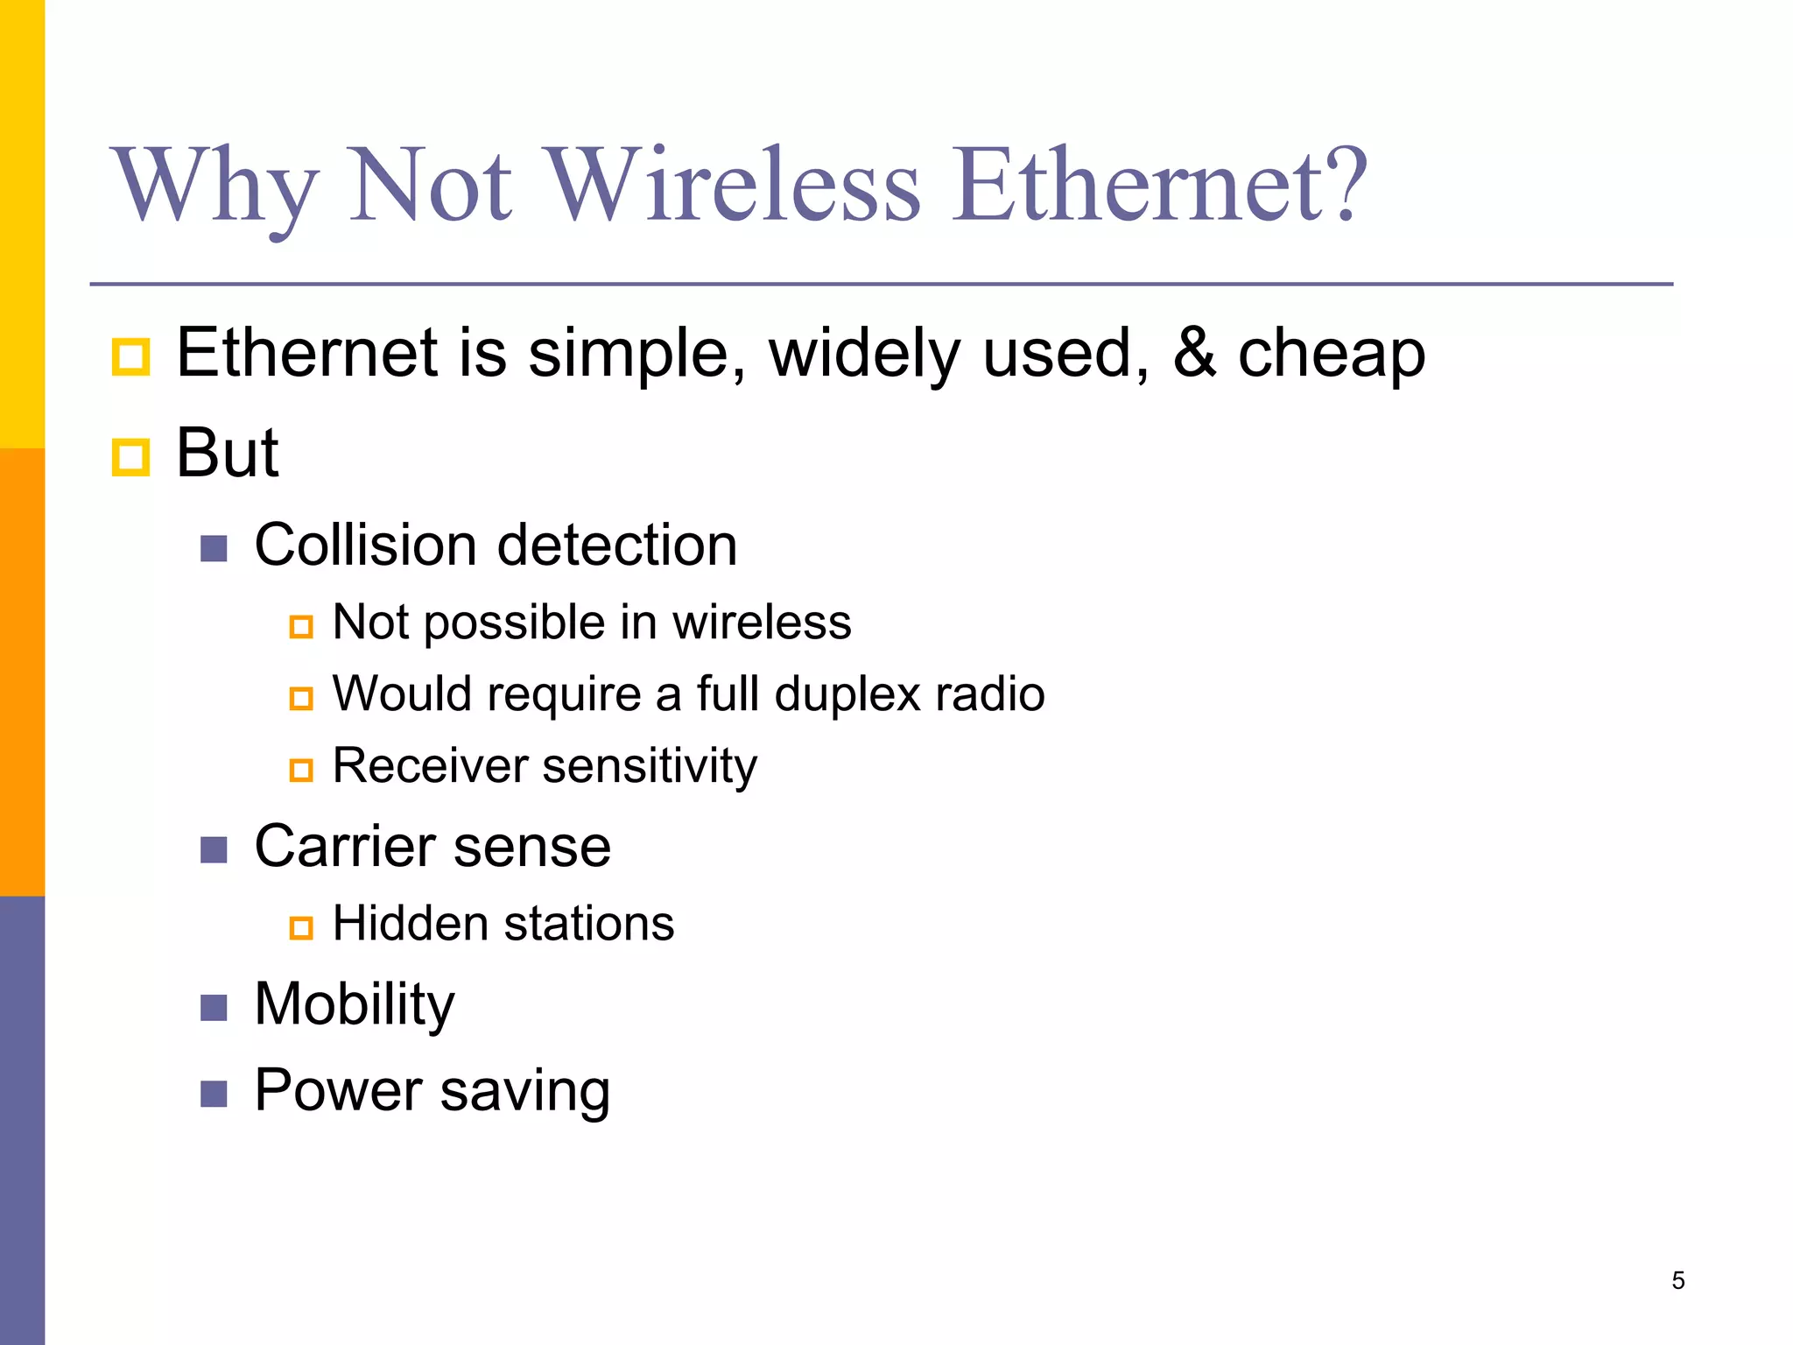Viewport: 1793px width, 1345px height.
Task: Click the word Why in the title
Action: [214, 186]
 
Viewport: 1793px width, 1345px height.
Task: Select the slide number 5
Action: [1677, 1280]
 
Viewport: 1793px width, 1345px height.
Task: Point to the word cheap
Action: [1331, 354]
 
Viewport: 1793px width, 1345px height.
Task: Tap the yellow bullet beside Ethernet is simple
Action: [131, 356]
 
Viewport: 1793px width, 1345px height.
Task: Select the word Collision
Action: [367, 545]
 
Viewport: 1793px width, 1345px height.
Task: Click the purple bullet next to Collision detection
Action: [214, 549]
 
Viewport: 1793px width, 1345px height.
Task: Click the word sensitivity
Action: [650, 766]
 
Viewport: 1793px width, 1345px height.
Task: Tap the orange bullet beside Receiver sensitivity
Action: [301, 770]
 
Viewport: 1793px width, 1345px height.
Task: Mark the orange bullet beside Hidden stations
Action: [301, 927]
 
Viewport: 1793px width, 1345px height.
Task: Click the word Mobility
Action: [355, 1004]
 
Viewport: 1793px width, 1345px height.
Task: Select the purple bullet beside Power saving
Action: [214, 1094]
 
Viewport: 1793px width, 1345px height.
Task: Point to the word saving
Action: [524, 1092]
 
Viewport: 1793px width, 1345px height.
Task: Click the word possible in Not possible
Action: [515, 623]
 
